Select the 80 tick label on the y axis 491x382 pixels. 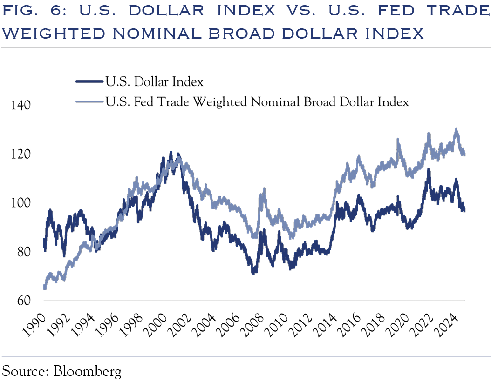[21, 252]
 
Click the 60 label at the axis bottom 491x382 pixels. [21, 301]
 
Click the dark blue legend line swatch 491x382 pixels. [89, 82]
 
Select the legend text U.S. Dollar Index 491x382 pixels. [154, 82]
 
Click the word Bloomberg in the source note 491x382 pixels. [90, 371]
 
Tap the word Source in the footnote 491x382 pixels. [26, 371]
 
